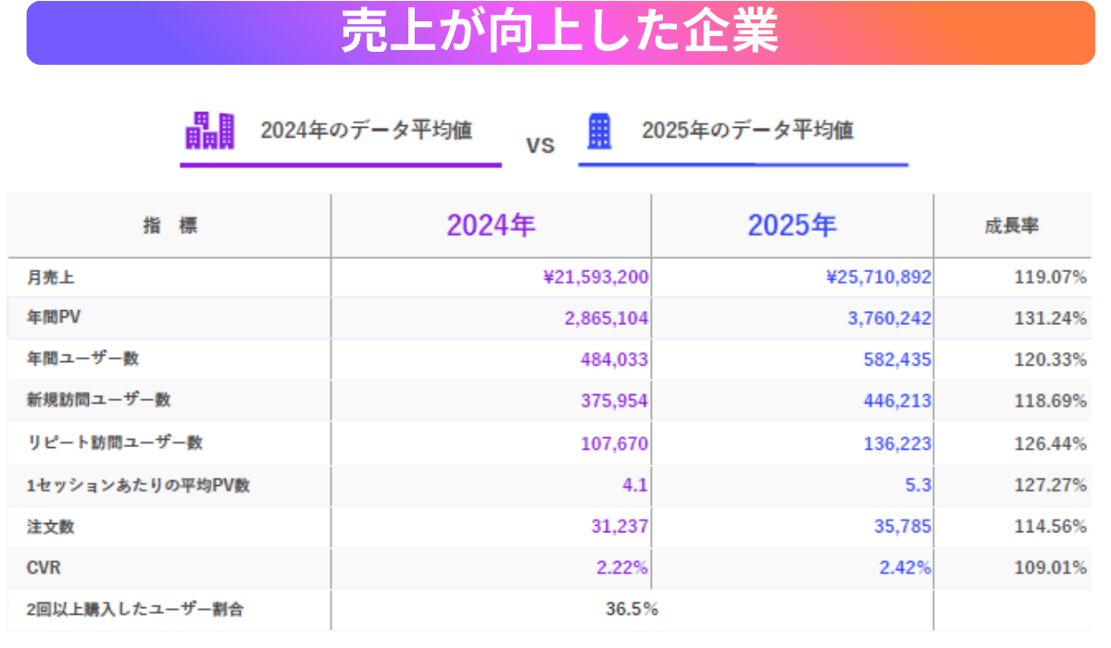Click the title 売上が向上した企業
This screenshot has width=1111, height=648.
click(559, 33)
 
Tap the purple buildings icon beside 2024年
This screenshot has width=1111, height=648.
click(210, 131)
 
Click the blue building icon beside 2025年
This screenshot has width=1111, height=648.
click(600, 131)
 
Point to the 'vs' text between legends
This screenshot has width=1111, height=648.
click(540, 145)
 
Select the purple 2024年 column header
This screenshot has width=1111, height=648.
click(491, 226)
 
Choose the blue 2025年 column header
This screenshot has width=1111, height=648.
click(792, 226)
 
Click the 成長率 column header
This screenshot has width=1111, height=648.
click(1011, 226)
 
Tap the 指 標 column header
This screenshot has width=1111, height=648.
click(169, 226)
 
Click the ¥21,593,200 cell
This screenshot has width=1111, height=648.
click(595, 277)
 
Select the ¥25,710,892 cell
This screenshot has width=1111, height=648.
click(879, 277)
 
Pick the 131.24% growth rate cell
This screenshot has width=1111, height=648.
click(1050, 318)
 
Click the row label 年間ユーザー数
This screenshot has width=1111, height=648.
click(83, 358)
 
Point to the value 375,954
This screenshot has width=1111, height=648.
click(614, 401)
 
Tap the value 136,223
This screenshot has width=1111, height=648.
click(897, 443)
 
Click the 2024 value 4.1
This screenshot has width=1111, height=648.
click(635, 485)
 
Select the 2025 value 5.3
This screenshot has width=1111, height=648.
click(919, 485)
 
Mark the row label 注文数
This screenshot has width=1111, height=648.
click(51, 527)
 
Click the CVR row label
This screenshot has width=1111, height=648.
click(44, 568)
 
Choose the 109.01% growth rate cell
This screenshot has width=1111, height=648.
click(1050, 568)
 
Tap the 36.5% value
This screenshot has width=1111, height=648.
click(631, 609)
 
